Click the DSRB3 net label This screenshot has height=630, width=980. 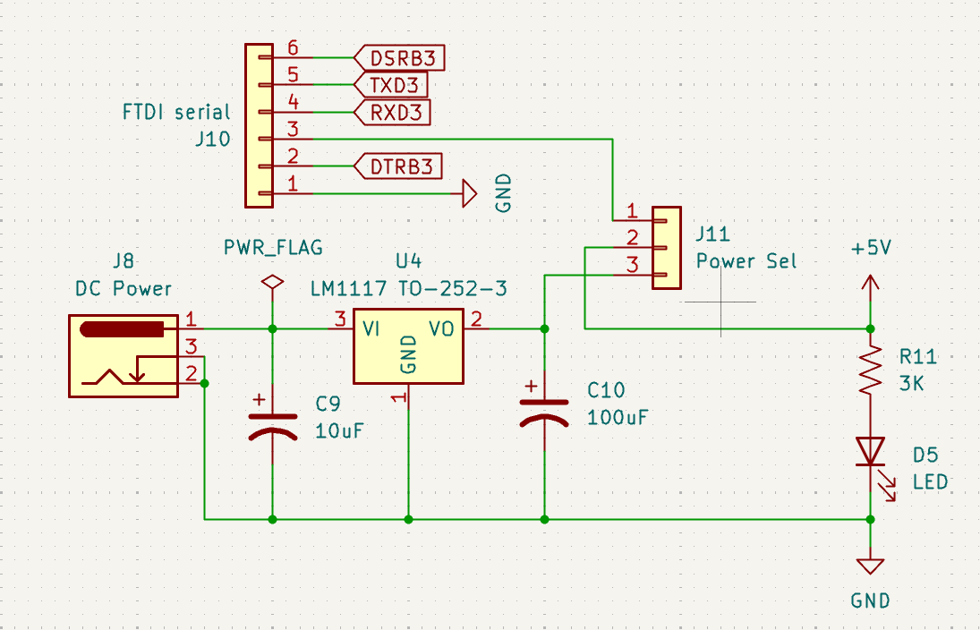pyautogui.click(x=401, y=58)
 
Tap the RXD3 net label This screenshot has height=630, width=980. pyautogui.click(x=393, y=112)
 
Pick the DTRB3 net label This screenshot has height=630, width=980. pyautogui.click(x=400, y=166)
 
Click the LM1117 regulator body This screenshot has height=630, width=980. pyautogui.click(x=408, y=345)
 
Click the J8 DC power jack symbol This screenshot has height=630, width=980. pyautogui.click(x=124, y=355)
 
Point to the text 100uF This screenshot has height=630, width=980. pyautogui.click(x=618, y=418)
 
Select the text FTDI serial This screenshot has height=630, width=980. pyautogui.click(x=176, y=113)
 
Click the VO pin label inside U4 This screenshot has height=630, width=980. pyautogui.click(x=441, y=329)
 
